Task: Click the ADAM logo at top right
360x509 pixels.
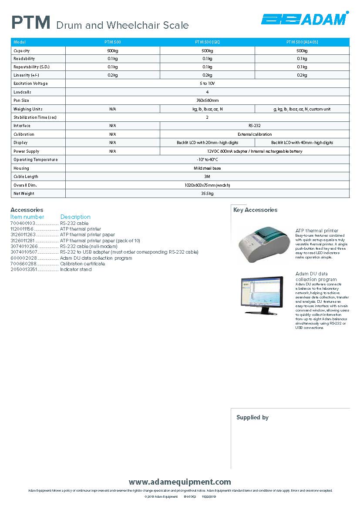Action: pyautogui.click(x=304, y=19)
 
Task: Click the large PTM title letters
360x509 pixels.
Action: pyautogui.click(x=31, y=23)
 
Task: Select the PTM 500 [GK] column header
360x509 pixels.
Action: pyautogui.click(x=207, y=42)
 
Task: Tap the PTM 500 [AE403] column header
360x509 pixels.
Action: pyautogui.click(x=302, y=42)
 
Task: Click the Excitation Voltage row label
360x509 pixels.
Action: pyautogui.click(x=30, y=84)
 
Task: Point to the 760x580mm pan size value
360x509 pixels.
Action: pyautogui.click(x=207, y=100)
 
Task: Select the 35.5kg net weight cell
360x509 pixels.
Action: pyautogui.click(x=207, y=194)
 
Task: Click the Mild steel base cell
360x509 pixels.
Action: pyautogui.click(x=207, y=168)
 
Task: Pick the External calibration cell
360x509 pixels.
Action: pyautogui.click(x=255, y=134)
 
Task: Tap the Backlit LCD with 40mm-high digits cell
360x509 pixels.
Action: pyautogui.click(x=302, y=143)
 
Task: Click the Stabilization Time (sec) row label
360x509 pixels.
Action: pyautogui.click(x=35, y=117)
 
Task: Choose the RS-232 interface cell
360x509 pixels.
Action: pyautogui.click(x=255, y=126)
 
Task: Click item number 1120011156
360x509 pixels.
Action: pyautogui.click(x=22, y=229)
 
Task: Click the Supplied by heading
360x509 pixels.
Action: pyautogui.click(x=252, y=418)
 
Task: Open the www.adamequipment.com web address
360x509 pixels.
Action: pyautogui.click(x=180, y=482)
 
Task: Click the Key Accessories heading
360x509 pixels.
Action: pyautogui.click(x=256, y=210)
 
